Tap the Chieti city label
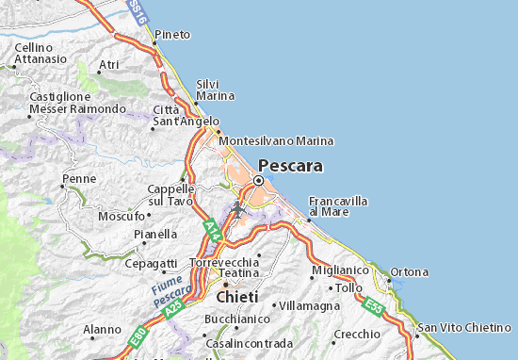(236, 297)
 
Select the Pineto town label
(172, 34)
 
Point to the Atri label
(109, 64)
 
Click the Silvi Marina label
(214, 90)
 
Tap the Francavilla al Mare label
(338, 206)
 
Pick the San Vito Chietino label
(467, 326)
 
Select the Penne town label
(78, 178)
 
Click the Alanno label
(102, 330)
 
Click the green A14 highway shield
(213, 229)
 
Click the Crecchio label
(356, 335)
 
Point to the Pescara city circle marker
(258, 181)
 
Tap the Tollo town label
(348, 286)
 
